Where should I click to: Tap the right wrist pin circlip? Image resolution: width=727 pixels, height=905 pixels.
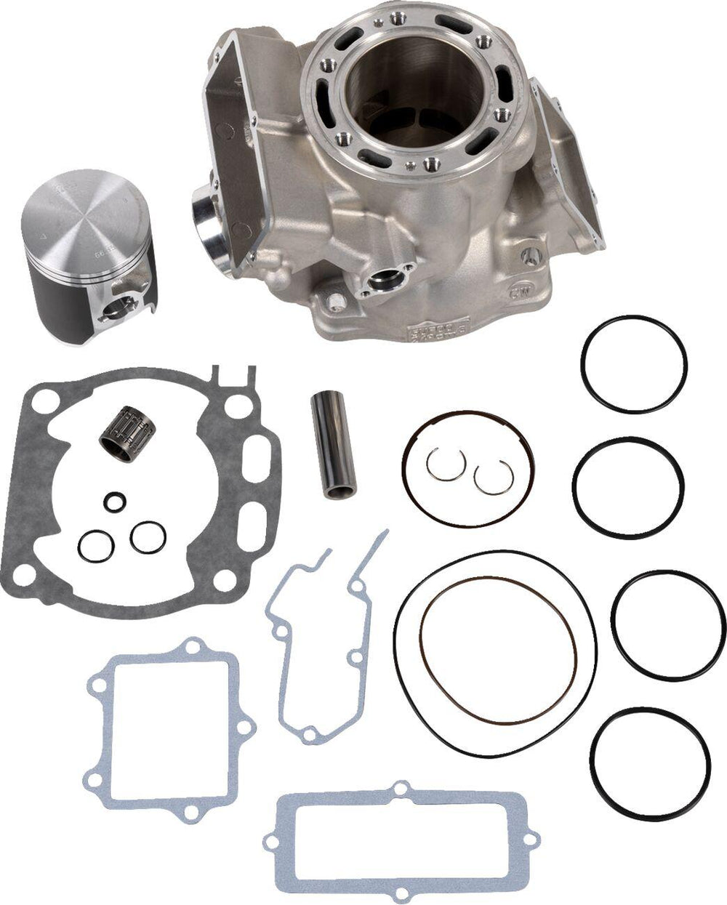(489, 478)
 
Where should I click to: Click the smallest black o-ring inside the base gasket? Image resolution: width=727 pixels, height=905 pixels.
(113, 500)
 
